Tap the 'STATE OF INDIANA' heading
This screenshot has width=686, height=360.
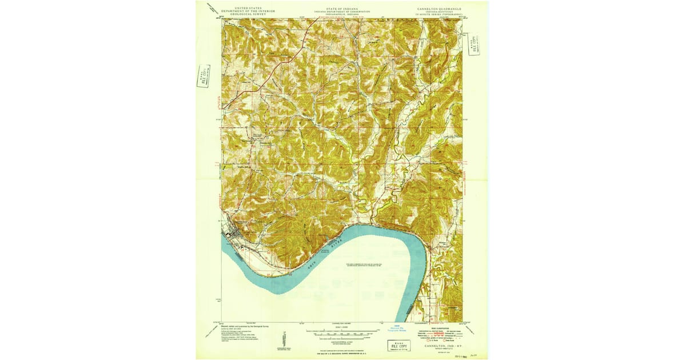342,10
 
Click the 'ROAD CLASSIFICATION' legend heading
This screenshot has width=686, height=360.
440,327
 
